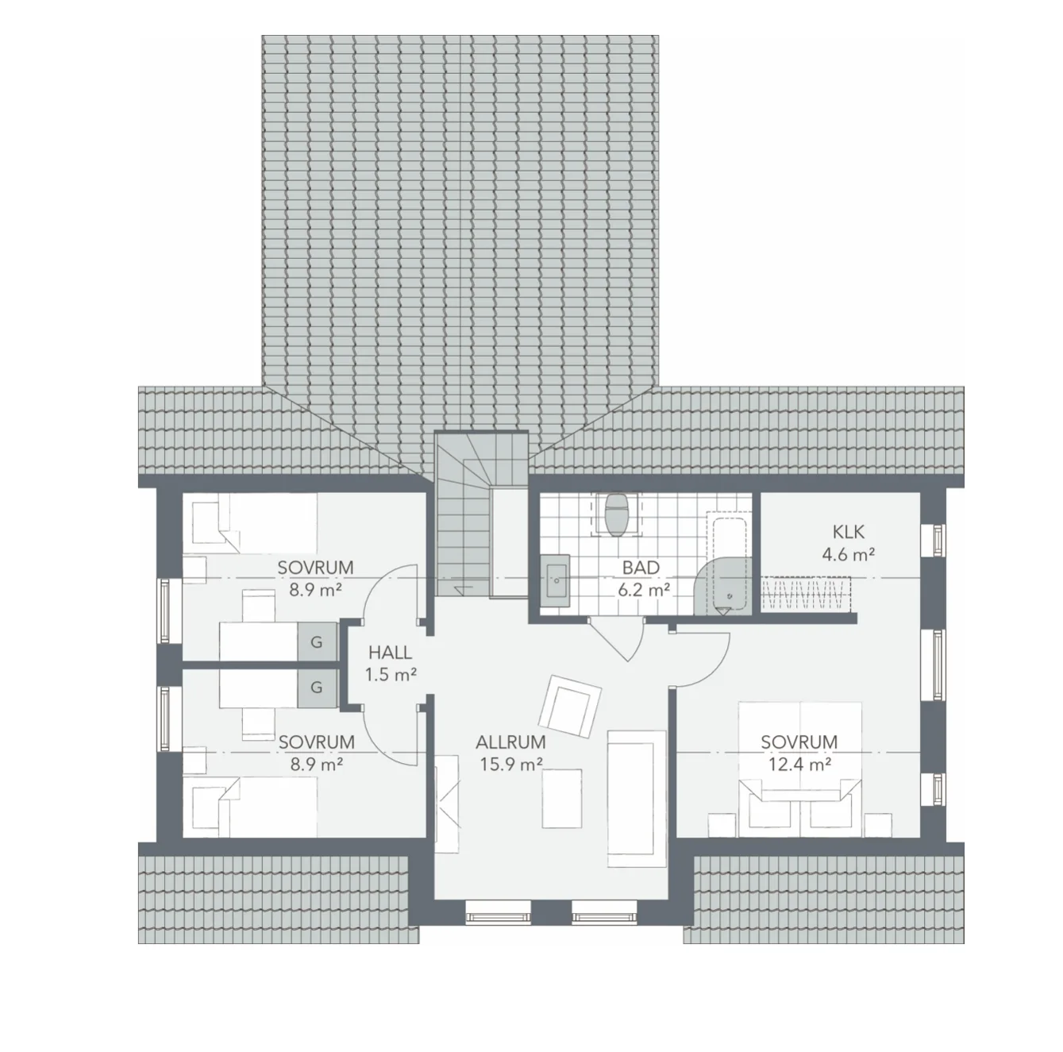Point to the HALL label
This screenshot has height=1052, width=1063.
[x=391, y=653]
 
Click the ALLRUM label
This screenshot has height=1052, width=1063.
[x=510, y=742]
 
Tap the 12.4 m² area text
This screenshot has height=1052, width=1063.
[x=799, y=765]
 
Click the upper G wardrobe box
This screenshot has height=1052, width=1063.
[x=316, y=642]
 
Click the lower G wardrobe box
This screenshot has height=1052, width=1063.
[x=316, y=688]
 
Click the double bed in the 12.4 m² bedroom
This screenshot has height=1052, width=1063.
[x=799, y=766]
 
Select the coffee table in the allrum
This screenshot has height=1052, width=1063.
[x=561, y=799]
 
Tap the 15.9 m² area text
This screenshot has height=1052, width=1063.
[x=510, y=765]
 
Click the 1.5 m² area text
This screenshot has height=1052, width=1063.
[x=391, y=675]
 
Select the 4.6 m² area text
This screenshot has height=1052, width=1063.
[x=848, y=555]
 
